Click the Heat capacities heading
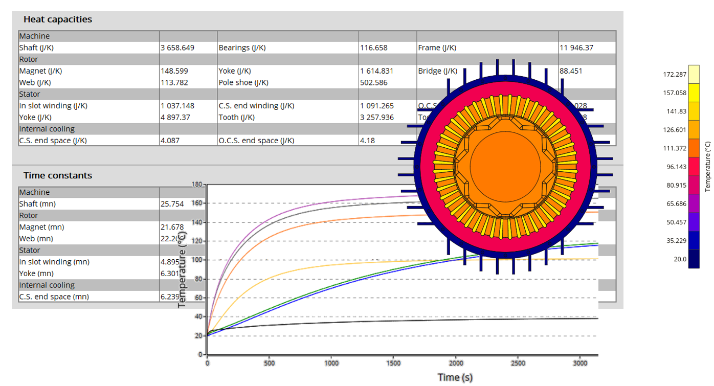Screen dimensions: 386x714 [x=58, y=19]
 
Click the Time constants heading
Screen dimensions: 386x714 [x=58, y=175]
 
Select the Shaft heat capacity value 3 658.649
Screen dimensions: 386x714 [x=177, y=48]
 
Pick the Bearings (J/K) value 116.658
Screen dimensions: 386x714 [x=374, y=48]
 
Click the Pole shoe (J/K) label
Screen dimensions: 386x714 [x=243, y=82]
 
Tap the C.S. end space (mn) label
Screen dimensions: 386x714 [x=54, y=297]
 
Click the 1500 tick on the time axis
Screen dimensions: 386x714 [x=393, y=362]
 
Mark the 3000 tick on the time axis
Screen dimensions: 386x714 [x=579, y=362]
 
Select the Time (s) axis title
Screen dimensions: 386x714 [x=455, y=377]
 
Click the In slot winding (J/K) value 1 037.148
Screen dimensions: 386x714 [x=177, y=106]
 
